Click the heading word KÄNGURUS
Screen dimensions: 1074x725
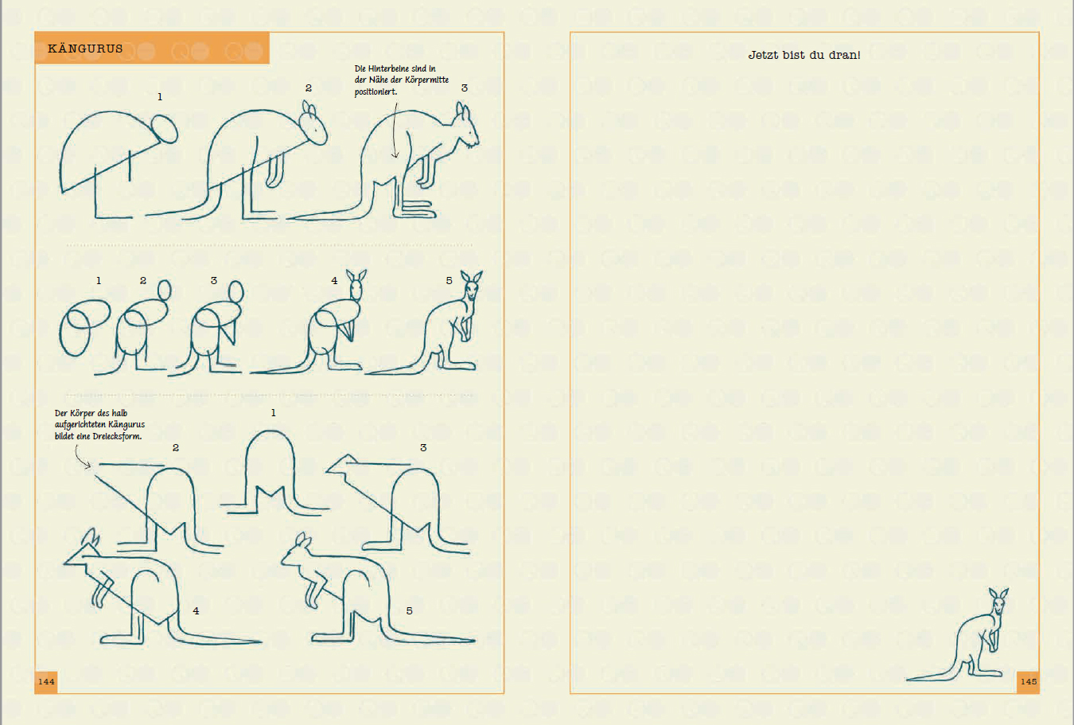point(85,49)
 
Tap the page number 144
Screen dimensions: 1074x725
point(46,681)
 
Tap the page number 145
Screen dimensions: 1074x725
point(1029,681)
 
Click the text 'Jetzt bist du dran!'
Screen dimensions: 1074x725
point(804,55)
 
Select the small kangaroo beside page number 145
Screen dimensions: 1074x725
point(958,634)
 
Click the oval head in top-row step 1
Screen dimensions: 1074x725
point(165,129)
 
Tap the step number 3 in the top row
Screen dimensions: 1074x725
point(464,88)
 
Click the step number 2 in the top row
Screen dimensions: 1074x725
point(309,88)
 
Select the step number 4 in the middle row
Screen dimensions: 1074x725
point(334,280)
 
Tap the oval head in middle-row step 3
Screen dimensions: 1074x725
point(235,291)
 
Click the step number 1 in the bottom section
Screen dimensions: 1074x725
point(274,413)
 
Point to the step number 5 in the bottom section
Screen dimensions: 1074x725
point(409,611)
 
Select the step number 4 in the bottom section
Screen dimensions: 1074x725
point(196,611)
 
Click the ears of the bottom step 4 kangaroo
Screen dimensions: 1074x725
point(90,538)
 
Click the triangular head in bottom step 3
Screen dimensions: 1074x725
point(340,465)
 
